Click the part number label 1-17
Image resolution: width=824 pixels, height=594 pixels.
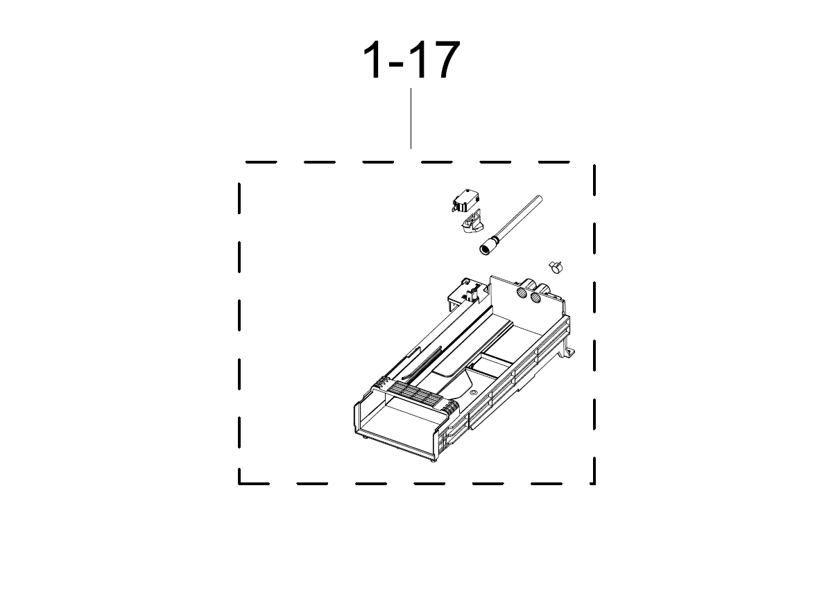(411, 60)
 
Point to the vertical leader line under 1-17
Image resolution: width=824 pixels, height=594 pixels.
(411, 119)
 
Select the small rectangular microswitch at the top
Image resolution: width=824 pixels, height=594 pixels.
(465, 201)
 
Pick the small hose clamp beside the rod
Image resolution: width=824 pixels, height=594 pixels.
(556, 266)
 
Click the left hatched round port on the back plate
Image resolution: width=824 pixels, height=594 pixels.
(522, 292)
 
